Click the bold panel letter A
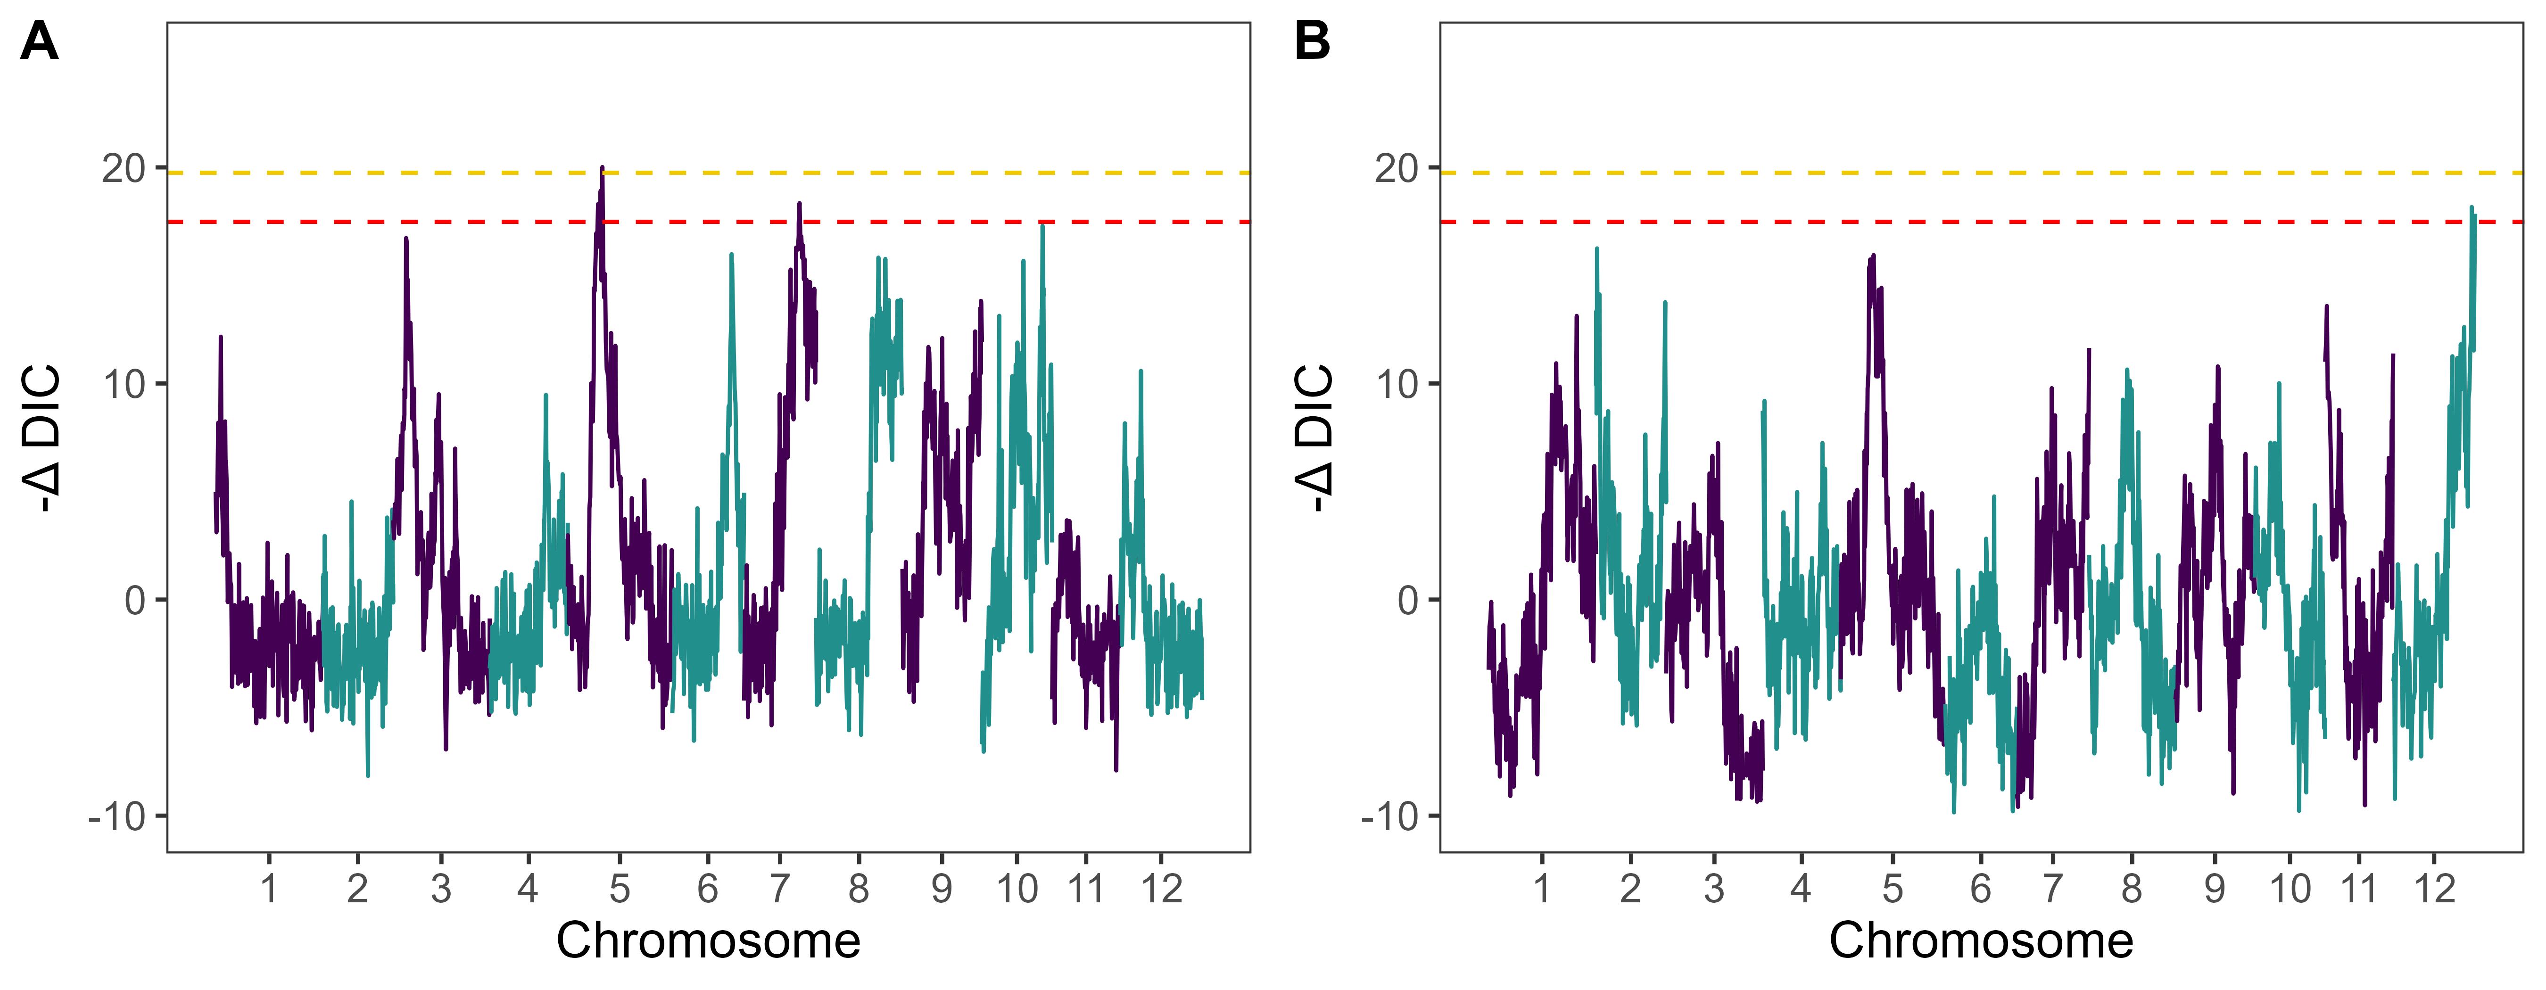40,42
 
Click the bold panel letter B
1313,42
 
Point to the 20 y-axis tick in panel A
124,169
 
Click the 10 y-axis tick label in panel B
1397,384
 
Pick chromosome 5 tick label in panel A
620,889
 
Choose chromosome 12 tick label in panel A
1161,889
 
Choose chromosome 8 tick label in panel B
2132,889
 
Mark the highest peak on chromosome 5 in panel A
602,168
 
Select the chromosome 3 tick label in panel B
1714,889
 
